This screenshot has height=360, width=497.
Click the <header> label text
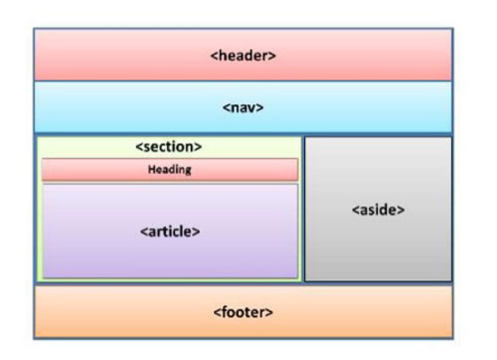pos(244,56)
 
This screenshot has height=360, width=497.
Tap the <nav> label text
pos(243,107)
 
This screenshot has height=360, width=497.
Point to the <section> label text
pos(168,146)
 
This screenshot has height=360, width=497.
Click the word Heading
pos(169,169)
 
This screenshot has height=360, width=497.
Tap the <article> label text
pos(170,231)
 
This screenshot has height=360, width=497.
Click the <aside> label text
pos(379,211)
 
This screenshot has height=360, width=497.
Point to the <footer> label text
pos(243,312)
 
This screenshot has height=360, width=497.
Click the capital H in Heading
pos(151,169)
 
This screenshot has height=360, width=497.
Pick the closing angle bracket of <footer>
pos(270,312)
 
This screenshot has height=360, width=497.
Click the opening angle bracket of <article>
pos(142,231)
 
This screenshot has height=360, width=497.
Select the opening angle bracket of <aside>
pos(355,211)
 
